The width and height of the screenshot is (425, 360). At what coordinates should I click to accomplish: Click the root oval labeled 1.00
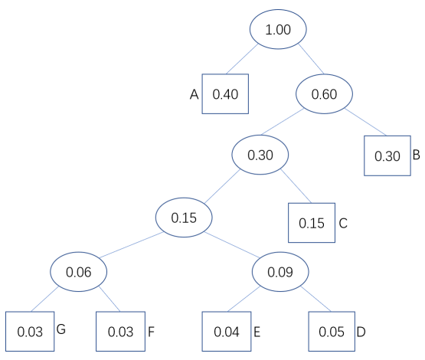(278, 29)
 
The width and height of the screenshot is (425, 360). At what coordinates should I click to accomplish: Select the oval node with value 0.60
(324, 93)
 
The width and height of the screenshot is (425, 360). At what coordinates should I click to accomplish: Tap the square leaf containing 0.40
(225, 93)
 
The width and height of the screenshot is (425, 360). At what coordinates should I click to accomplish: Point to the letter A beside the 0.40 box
(194, 95)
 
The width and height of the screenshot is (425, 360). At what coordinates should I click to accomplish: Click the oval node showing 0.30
(260, 155)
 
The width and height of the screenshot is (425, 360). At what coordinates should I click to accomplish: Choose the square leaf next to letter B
(387, 155)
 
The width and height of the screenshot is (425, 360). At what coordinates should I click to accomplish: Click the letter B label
(417, 155)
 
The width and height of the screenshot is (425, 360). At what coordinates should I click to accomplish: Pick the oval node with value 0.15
(184, 218)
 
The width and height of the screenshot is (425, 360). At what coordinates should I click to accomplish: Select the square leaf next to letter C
(312, 223)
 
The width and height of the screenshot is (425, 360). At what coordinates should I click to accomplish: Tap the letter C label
(343, 224)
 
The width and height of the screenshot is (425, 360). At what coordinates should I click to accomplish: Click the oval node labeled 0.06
(79, 272)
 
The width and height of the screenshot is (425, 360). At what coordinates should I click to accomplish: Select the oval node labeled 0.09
(280, 272)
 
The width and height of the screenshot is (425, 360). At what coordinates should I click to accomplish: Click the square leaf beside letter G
(30, 331)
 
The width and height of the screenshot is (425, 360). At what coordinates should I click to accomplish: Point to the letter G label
(61, 329)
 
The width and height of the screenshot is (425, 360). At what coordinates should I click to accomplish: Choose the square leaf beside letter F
(121, 331)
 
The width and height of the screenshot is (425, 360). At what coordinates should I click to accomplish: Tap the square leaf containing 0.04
(227, 331)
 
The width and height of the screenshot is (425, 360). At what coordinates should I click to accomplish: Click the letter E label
(257, 332)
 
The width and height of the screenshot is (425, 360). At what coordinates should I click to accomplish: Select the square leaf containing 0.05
(332, 331)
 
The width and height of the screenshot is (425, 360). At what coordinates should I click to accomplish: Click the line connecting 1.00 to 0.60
(311, 59)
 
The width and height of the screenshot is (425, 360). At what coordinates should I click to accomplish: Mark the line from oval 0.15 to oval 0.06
(131, 245)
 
